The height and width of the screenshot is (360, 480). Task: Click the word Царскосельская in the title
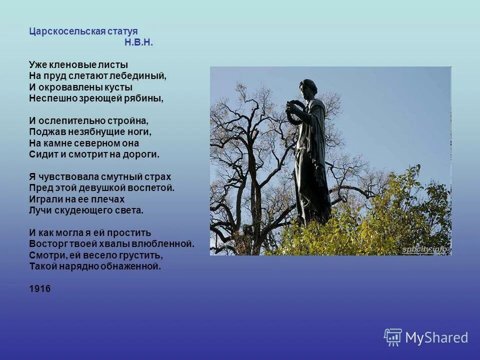tap(67, 31)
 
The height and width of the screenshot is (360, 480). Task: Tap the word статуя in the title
tap(121, 31)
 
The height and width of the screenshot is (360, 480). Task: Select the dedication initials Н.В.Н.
tap(138, 43)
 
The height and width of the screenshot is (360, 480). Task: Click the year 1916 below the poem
tap(40, 289)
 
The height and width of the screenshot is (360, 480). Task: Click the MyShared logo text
tap(436, 338)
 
